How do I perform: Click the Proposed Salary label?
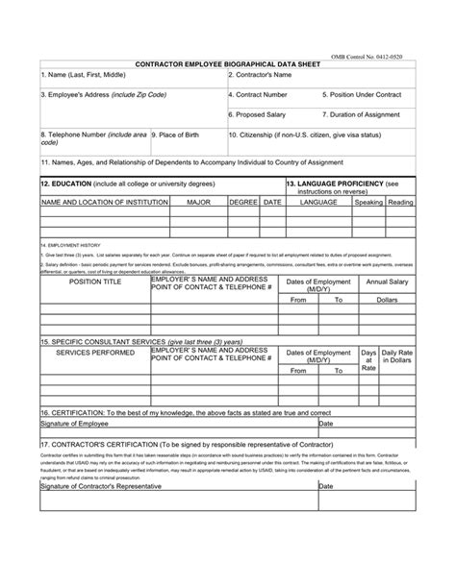257,114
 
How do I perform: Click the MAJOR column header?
198,203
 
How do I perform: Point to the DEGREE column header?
243,203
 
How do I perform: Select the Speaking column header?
368,203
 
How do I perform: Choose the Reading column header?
401,203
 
